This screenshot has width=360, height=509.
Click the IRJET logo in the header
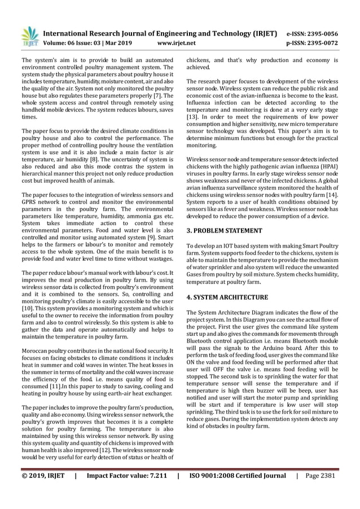pos(29,36)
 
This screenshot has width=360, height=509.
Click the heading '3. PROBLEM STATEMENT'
pos(224,231)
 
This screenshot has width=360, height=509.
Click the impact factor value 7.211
pos(153,491)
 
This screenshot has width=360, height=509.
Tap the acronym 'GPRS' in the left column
pos(29,202)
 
